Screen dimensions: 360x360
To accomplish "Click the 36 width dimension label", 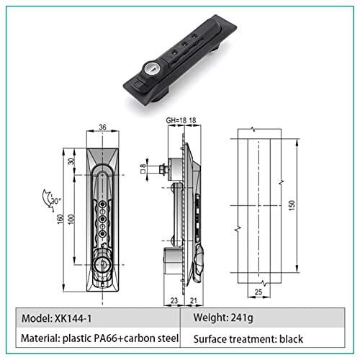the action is pos(102,127).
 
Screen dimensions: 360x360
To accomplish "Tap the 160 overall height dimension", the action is pos(60,219).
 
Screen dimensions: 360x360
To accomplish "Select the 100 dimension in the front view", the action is pos(71,219).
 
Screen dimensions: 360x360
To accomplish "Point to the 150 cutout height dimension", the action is pos(292,205).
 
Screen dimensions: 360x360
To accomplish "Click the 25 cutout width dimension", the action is pos(258,292).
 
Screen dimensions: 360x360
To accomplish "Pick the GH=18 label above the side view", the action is pos(176,120).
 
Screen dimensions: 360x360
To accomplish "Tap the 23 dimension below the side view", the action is pos(174,300).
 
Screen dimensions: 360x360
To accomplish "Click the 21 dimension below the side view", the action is pos(194,300).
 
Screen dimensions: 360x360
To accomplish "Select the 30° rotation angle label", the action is pos(56,201).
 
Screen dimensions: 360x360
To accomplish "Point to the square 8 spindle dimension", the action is pos(143,168).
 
